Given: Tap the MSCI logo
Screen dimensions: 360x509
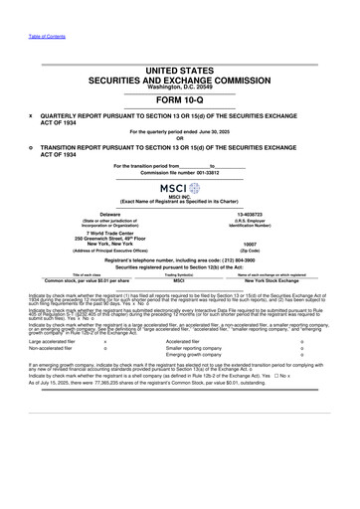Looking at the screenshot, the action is [179, 188].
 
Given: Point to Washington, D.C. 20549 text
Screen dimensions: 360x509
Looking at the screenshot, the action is [179, 86].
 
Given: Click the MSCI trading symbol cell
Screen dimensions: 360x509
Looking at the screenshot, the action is [179, 282].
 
